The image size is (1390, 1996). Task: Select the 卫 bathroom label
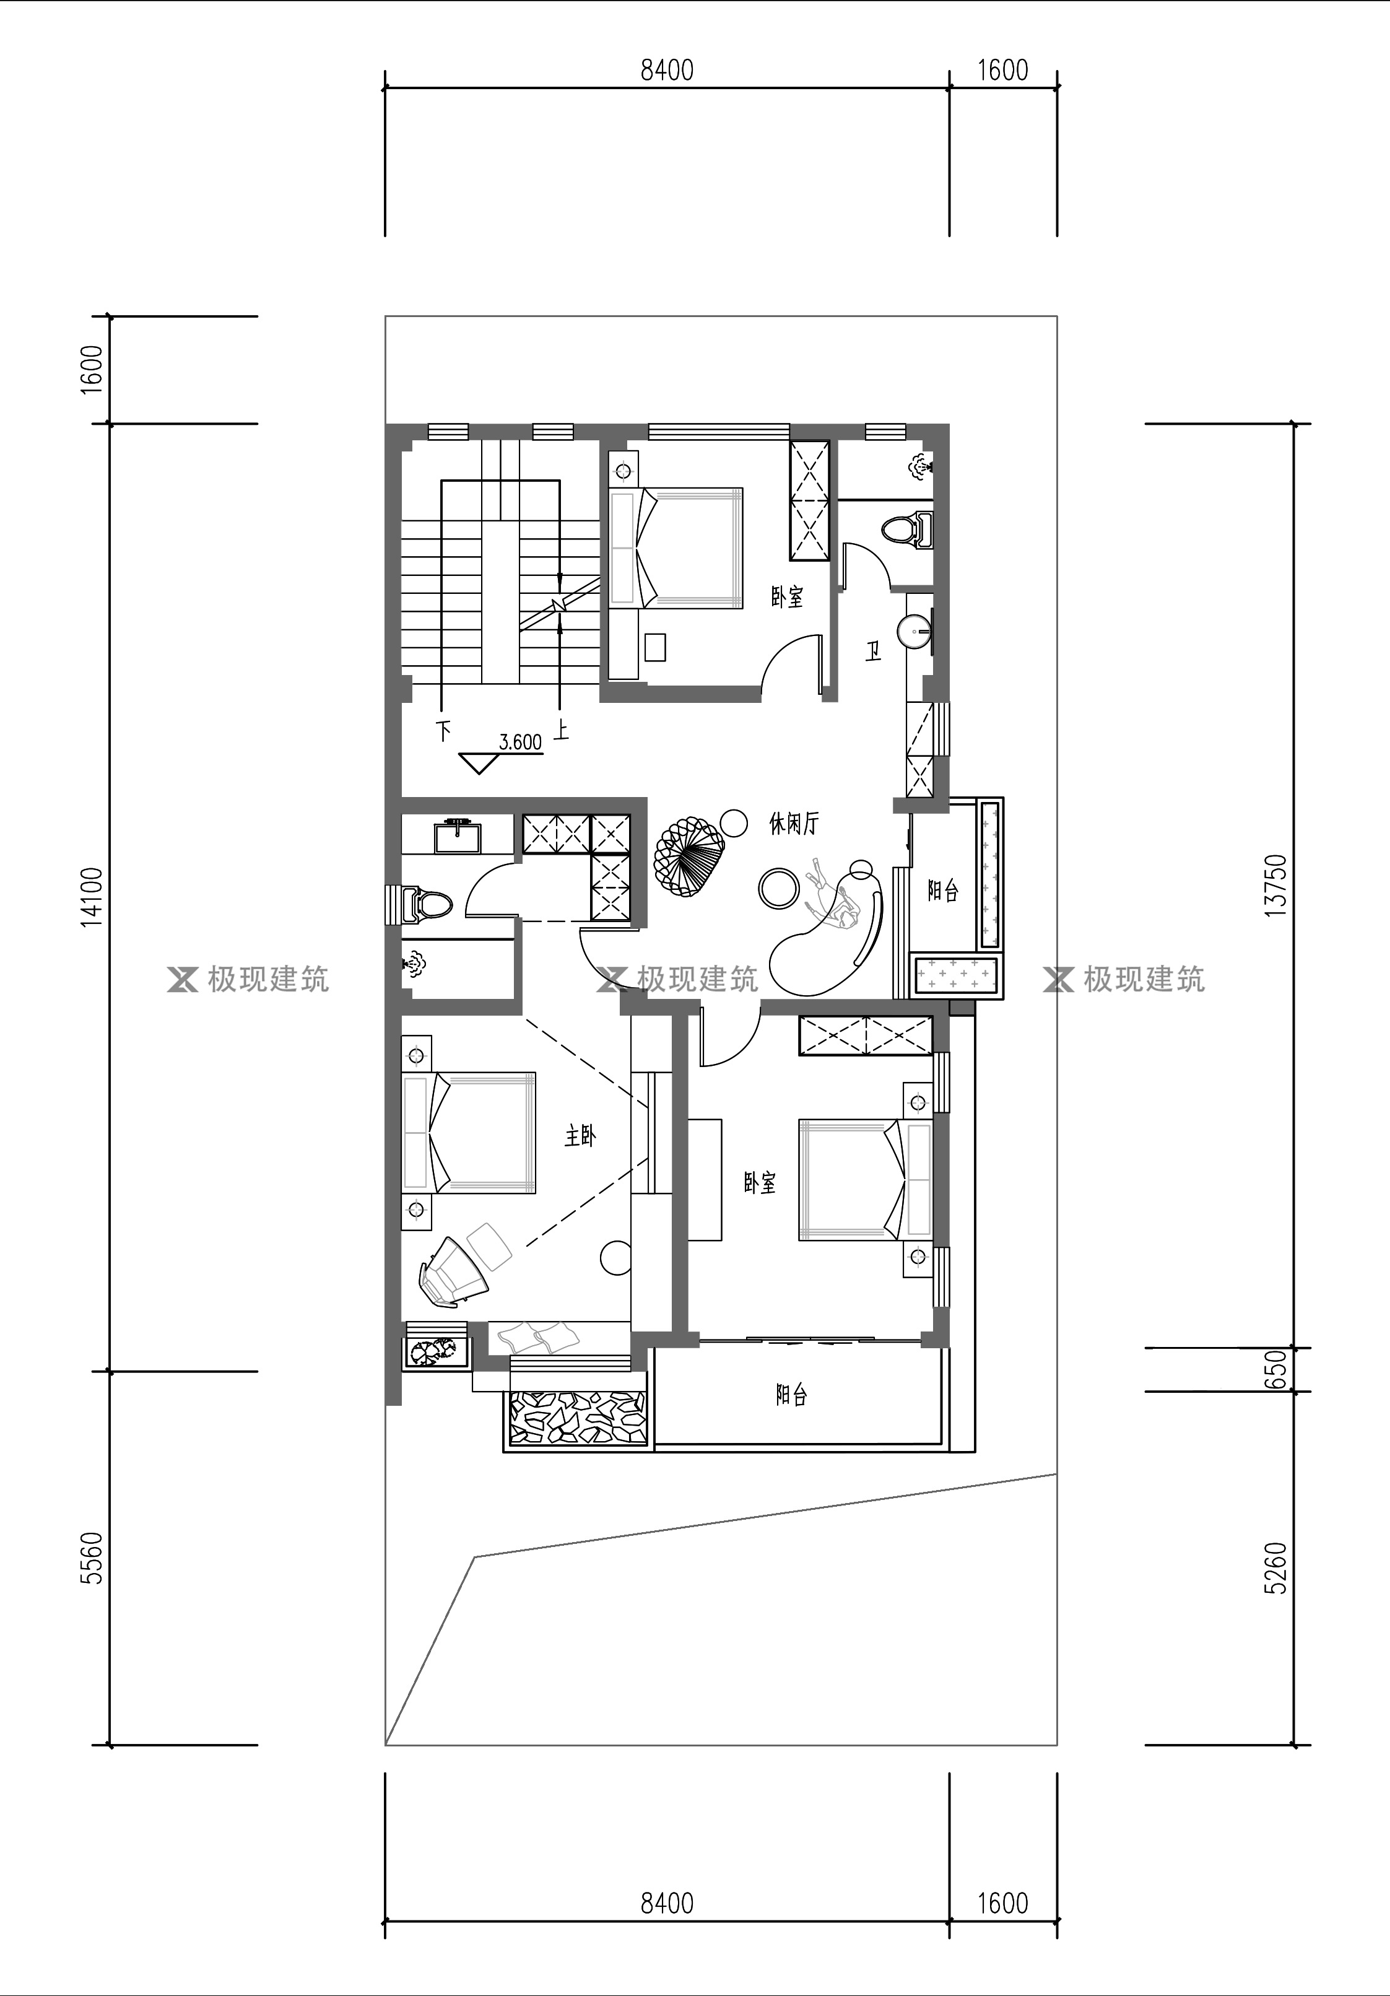pyautogui.click(x=873, y=650)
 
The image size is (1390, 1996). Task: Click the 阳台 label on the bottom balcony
pyautogui.click(x=791, y=1395)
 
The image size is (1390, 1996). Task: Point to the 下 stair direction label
pyautogui.click(x=444, y=730)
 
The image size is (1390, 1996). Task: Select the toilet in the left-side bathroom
pyautogui.click(x=427, y=903)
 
